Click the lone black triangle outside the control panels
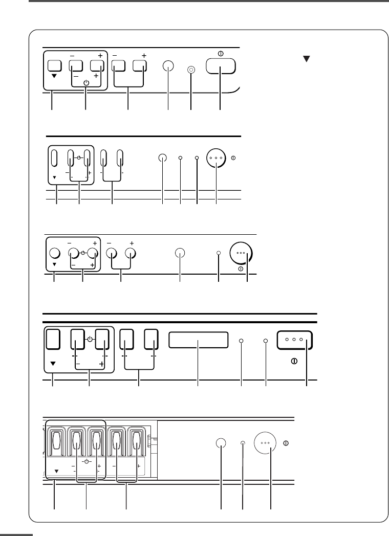[307, 59]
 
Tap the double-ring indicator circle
[191, 70]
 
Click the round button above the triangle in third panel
[54, 253]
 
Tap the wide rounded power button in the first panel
[221, 66]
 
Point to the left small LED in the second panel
[181, 158]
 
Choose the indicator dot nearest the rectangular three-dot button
[266, 340]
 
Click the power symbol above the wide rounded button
[220, 53]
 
